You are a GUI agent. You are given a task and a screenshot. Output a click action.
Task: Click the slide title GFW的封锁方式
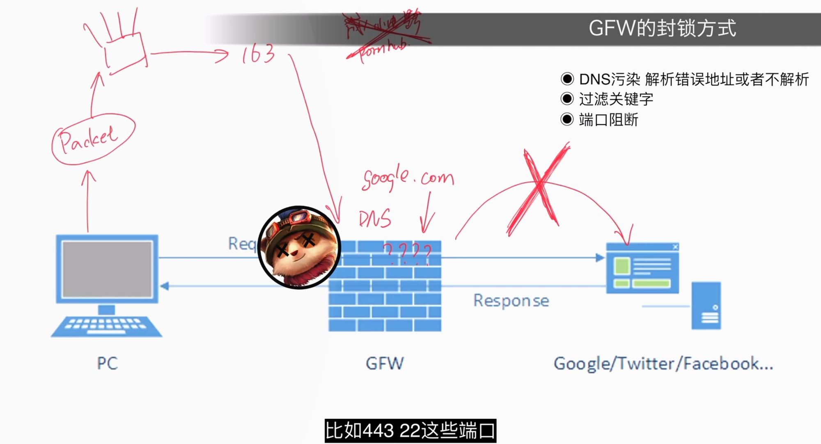click(662, 29)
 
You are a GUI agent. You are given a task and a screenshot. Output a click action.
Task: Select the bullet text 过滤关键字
click(616, 99)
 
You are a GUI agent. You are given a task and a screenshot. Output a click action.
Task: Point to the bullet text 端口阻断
click(608, 120)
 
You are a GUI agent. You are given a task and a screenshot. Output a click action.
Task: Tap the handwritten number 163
click(258, 54)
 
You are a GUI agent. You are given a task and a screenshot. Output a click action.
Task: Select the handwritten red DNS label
click(375, 219)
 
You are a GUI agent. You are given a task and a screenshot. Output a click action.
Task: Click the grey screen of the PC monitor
click(107, 269)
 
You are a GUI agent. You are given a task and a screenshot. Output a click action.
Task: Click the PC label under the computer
click(107, 363)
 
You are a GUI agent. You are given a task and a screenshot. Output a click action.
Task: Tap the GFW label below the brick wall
click(385, 363)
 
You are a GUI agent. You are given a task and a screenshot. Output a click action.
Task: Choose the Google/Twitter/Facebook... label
click(663, 364)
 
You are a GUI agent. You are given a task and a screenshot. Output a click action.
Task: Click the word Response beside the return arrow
click(511, 301)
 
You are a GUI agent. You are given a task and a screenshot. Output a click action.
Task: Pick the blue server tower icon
click(706, 306)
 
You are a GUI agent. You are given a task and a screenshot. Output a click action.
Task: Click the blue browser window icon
click(642, 268)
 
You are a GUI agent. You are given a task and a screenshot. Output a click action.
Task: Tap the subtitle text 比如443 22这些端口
click(410, 431)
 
